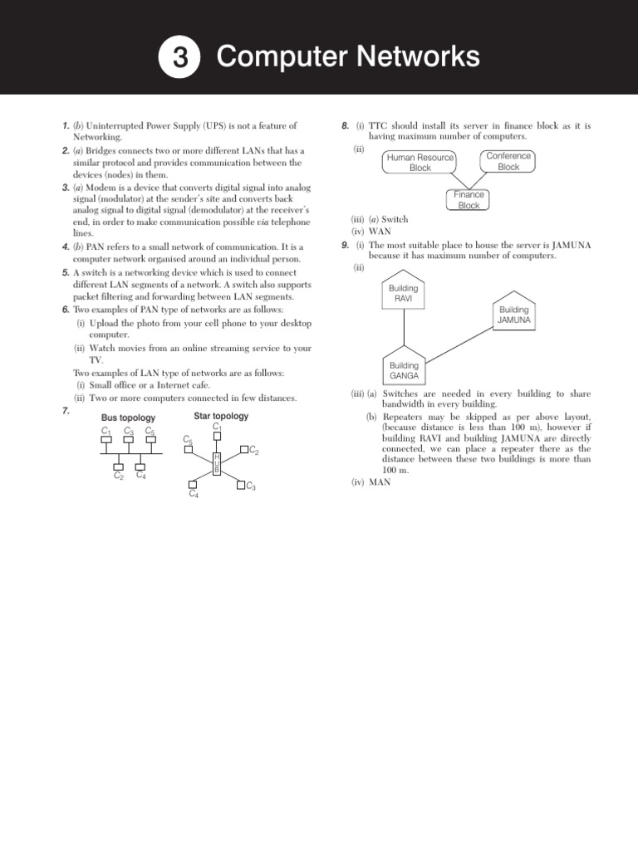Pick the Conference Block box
pos(508,161)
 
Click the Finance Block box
pos(469,200)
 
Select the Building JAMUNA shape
pos(513,313)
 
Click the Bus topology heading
pos(128,418)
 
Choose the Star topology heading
pos(221,416)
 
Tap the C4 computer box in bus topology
pos(141,466)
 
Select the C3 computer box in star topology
pos(242,486)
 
